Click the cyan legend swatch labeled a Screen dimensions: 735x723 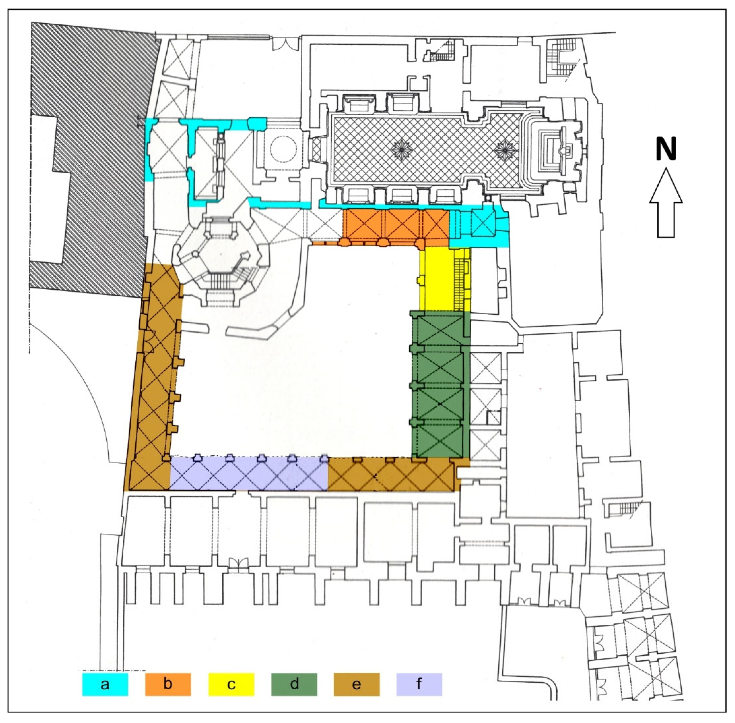point(105,684)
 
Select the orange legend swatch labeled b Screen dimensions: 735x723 point(168,684)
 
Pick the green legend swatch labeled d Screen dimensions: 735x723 point(294,684)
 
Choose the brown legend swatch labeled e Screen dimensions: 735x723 point(357,684)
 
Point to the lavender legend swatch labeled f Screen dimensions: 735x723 point(419,684)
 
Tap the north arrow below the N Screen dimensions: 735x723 point(666,203)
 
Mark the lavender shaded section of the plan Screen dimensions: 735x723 point(249,474)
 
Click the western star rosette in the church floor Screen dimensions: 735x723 point(404,150)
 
